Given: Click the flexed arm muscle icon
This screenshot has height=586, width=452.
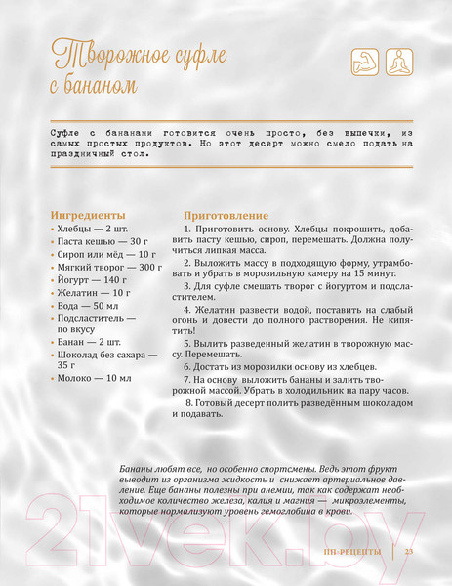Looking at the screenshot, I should click(x=363, y=63).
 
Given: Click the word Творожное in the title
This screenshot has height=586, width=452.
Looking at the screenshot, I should click(x=97, y=54).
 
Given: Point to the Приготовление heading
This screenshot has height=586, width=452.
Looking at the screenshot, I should click(x=226, y=214).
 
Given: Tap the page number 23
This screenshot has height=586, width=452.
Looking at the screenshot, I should click(x=409, y=554).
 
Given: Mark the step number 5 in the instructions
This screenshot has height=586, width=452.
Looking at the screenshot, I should click(x=186, y=344).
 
